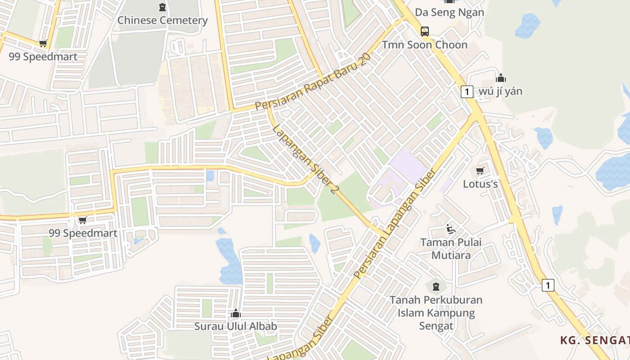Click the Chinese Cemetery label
pyautogui.click(x=162, y=20)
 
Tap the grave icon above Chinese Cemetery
pyautogui.click(x=162, y=7)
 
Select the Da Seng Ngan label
pyautogui.click(x=449, y=12)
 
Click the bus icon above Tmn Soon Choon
pyautogui.click(x=425, y=31)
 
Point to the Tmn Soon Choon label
pyautogui.click(x=425, y=45)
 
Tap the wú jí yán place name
pyautogui.click(x=500, y=91)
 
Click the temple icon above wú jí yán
pyautogui.click(x=501, y=78)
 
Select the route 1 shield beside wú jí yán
pyautogui.click(x=467, y=92)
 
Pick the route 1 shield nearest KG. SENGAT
pyautogui.click(x=548, y=285)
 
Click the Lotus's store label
pyautogui.click(x=480, y=184)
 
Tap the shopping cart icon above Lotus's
pyautogui.click(x=480, y=171)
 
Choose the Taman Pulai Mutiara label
pyautogui.click(x=451, y=249)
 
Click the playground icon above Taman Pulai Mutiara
pyautogui.click(x=450, y=229)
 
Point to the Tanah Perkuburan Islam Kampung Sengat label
pyautogui.click(x=436, y=313)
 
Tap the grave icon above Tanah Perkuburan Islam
pyautogui.click(x=436, y=286)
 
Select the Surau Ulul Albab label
pyautogui.click(x=235, y=326)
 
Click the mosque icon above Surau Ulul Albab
pyautogui.click(x=235, y=313)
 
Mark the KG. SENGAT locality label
pyautogui.click(x=595, y=340)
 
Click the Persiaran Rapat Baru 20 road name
pyautogui.click(x=313, y=81)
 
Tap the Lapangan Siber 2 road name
pyautogui.click(x=305, y=159)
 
